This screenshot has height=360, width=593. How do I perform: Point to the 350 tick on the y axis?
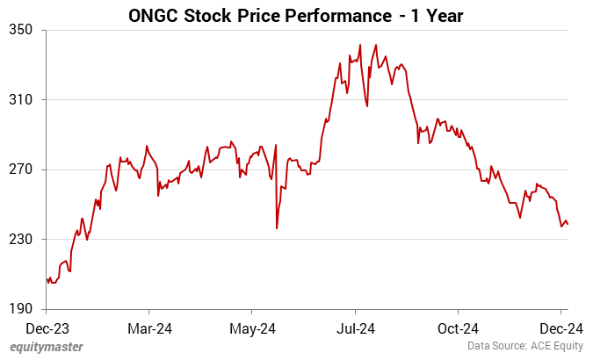tap(21, 30)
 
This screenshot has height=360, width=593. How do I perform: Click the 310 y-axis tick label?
tap(21, 100)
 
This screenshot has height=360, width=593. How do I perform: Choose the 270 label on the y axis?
tap(21, 169)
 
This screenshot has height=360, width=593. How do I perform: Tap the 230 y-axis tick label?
tap(21, 240)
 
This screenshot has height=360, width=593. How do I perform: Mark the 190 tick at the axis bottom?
tap(21, 309)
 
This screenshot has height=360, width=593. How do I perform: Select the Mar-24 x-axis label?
tap(149, 328)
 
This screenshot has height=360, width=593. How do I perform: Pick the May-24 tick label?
tap(252, 328)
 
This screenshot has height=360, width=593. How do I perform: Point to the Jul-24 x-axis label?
tap(355, 328)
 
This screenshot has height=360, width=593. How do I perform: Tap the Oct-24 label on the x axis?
tap(458, 328)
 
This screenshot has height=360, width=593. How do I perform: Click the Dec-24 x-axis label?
tap(560, 328)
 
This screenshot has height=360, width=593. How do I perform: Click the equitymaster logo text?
tap(47, 347)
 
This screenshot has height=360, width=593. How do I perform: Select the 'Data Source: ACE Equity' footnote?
tap(524, 347)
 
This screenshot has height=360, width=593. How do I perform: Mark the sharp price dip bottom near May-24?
tap(277, 228)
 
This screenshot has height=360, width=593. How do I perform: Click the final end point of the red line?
tap(568, 224)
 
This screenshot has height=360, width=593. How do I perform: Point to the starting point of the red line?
tap(47, 278)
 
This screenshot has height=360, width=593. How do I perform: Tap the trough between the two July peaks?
tap(366, 106)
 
